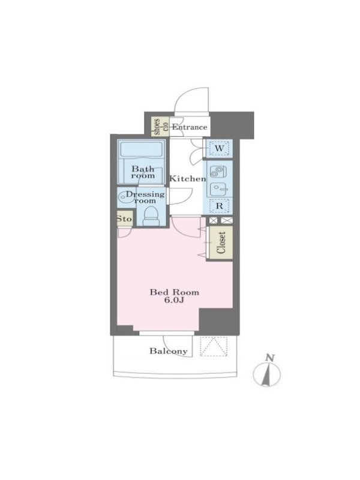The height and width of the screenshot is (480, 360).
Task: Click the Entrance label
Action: [189, 127]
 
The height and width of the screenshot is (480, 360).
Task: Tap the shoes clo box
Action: [161, 127]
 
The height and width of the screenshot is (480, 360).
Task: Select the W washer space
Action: [219, 149]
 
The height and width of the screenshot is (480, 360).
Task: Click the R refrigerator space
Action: [220, 206]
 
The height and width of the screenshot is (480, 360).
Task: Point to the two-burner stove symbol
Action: [218, 172]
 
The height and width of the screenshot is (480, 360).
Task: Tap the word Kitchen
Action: [188, 179]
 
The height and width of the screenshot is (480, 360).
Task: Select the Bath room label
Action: [143, 172]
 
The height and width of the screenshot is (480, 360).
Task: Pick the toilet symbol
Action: [151, 216]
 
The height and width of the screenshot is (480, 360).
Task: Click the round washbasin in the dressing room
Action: [124, 197]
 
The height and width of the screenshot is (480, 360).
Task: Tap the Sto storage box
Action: [125, 218]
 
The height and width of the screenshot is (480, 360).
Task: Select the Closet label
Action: [221, 243]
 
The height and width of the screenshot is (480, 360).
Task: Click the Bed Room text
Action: [174, 292]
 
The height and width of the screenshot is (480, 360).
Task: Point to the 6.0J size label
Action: [174, 301]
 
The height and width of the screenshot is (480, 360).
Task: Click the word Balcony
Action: [169, 351]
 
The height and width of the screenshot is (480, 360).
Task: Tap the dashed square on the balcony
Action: [214, 347]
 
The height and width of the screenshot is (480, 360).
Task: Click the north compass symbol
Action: [266, 374]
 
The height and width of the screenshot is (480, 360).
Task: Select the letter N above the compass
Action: [269, 358]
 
